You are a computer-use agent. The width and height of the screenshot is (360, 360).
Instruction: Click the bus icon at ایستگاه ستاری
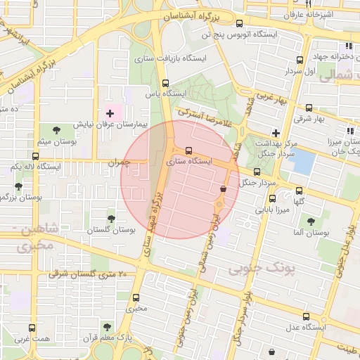(188, 150)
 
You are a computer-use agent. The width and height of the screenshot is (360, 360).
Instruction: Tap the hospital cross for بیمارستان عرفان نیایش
(110, 113)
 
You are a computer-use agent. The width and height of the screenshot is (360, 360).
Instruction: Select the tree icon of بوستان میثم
(55, 130)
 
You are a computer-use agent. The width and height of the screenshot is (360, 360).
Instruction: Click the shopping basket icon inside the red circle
(223, 189)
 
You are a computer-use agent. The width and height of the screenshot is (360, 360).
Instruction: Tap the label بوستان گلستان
(111, 230)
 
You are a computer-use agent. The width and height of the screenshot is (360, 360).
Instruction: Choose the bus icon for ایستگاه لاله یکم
(35, 155)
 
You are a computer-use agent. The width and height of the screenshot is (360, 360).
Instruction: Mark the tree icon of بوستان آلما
(310, 221)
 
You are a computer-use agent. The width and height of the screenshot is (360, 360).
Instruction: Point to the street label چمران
(119, 162)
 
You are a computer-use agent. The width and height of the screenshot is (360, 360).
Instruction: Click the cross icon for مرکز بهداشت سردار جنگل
(276, 133)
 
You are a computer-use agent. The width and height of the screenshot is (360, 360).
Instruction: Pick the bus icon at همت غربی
(31, 328)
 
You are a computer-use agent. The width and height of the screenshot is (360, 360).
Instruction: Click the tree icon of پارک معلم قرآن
(106, 327)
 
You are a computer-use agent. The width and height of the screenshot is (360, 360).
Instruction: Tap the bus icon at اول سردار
(300, 60)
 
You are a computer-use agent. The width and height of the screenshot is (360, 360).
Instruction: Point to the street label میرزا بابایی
(271, 209)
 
